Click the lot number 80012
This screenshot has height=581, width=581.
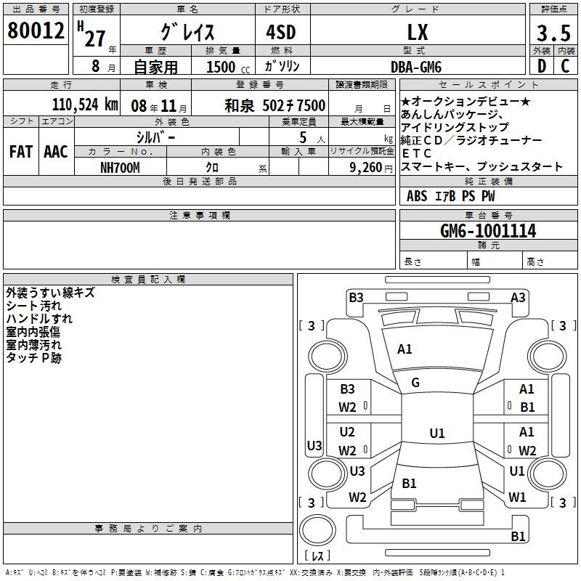coord(36,31)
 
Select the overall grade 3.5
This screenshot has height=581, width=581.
coord(553,33)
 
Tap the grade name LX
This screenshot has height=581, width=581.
coord(418,32)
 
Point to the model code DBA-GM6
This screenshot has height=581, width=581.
coord(416,67)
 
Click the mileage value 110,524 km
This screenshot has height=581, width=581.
coord(85,105)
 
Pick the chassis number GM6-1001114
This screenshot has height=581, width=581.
coord(488,231)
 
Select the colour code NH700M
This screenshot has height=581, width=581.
coord(120,168)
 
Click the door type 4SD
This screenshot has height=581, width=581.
coord(281,32)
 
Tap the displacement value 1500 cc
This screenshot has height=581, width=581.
coord(228,67)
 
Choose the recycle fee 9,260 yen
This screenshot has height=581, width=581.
coord(371,168)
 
